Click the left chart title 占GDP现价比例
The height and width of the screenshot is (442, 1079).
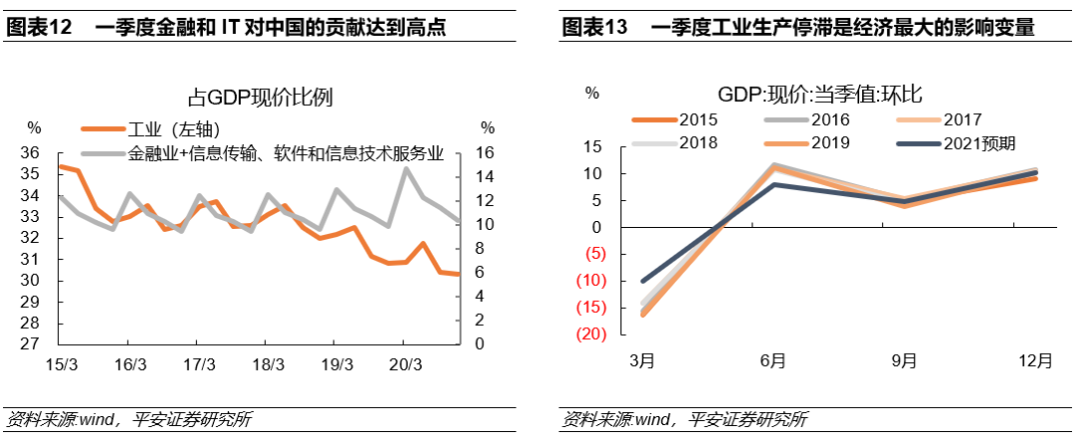click(261, 97)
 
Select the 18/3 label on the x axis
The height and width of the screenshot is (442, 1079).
click(269, 364)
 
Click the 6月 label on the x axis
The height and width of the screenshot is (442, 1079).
click(773, 361)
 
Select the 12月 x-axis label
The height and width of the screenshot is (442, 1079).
click(1035, 361)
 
